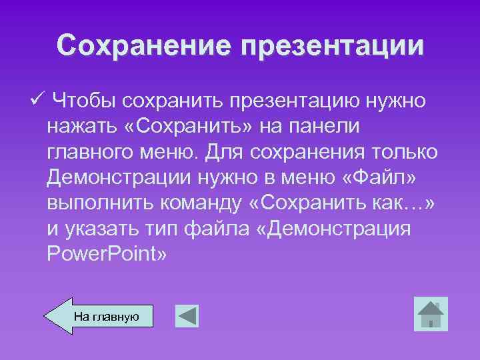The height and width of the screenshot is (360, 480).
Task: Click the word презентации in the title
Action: click(331, 47)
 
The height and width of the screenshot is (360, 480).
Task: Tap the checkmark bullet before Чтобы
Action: click(37, 99)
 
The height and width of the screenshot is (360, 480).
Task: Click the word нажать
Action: click(76, 127)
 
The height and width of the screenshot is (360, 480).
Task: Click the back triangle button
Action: click(187, 316)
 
